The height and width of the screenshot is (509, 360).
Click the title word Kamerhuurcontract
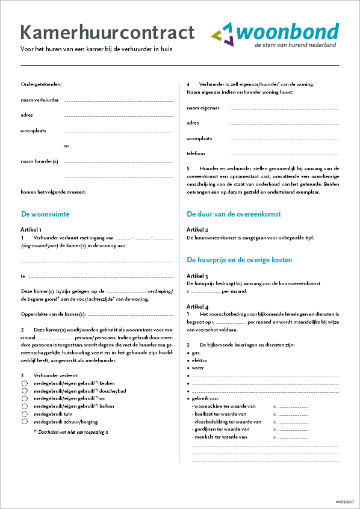[x=107, y=32]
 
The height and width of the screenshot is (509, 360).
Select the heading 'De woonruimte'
[x=45, y=214]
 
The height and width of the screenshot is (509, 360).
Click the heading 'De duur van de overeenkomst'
[x=234, y=214]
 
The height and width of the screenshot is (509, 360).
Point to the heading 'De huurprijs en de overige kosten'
[x=239, y=260]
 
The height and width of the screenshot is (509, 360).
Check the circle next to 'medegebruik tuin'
[x=25, y=414]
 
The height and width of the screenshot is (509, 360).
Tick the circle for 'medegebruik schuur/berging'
[x=25, y=422]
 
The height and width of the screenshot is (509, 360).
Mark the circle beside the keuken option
[x=25, y=383]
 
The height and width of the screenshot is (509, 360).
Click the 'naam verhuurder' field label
[x=40, y=100]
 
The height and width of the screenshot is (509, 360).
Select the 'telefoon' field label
[x=196, y=153]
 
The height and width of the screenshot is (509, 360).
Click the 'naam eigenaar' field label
[x=203, y=108]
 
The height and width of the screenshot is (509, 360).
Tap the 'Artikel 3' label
[x=197, y=276]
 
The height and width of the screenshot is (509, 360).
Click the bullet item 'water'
[x=197, y=367]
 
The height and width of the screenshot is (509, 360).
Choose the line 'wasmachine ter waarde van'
[x=226, y=406]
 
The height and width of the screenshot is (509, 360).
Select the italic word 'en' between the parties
[x=66, y=146]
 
